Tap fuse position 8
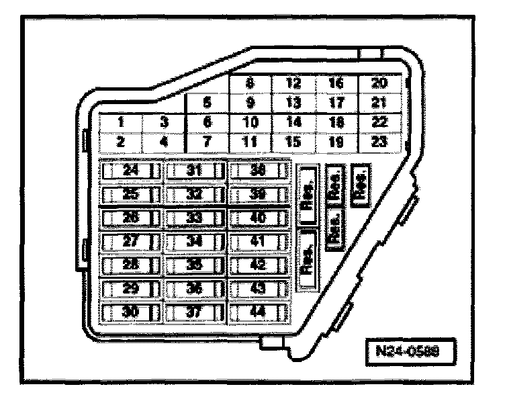point(250,84)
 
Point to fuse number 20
point(380,84)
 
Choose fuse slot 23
point(380,142)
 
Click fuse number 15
point(293,142)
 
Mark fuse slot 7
point(207,142)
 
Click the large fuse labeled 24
point(131,171)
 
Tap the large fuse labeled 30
point(131,312)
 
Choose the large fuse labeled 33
point(195,218)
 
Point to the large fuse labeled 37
point(195,312)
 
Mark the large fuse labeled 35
point(195,265)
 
